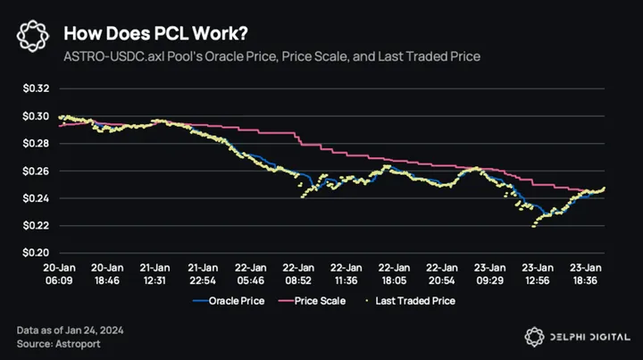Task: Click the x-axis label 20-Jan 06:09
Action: click(x=59, y=272)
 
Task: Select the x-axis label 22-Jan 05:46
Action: click(x=251, y=272)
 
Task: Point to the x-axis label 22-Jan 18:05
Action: click(x=395, y=272)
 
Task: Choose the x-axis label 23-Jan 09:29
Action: click(x=490, y=272)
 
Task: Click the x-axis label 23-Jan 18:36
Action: click(x=586, y=272)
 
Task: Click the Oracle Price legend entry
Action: click(x=235, y=301)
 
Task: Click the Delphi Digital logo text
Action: click(x=589, y=338)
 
